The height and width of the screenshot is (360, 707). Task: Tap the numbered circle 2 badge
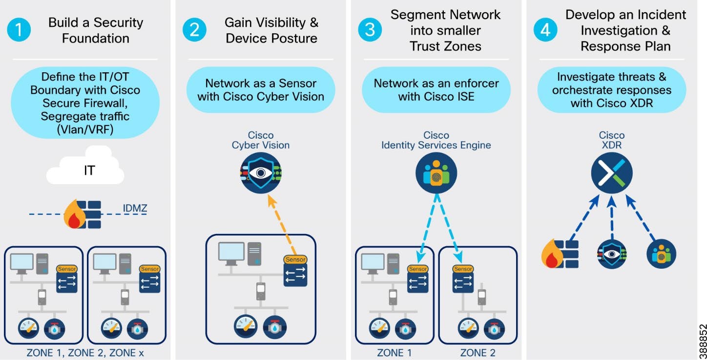click(194, 30)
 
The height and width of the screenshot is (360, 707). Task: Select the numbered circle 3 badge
click(370, 30)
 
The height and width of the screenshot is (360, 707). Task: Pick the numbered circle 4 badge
click(545, 30)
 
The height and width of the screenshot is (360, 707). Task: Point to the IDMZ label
click(135, 210)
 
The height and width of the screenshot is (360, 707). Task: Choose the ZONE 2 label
click(478, 353)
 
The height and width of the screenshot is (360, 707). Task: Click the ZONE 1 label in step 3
click(394, 353)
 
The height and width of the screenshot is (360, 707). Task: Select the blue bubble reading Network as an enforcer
click(436, 90)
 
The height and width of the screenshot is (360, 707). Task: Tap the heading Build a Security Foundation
click(96, 30)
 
